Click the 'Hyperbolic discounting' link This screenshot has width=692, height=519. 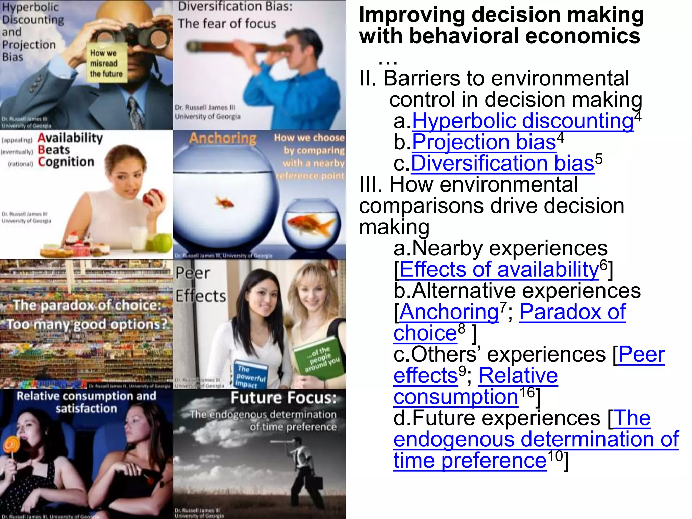(522, 121)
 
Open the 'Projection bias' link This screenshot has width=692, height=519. (484, 142)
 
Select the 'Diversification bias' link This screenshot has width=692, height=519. (502, 164)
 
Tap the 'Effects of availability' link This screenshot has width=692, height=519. (499, 270)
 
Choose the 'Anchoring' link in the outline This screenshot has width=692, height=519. (449, 312)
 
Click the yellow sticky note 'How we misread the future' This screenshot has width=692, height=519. (106, 63)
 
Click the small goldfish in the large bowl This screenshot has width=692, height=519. (224, 203)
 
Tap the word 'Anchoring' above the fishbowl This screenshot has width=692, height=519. (223, 138)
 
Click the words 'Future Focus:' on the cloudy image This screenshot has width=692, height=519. (283, 398)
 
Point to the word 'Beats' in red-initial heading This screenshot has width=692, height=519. (54, 150)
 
